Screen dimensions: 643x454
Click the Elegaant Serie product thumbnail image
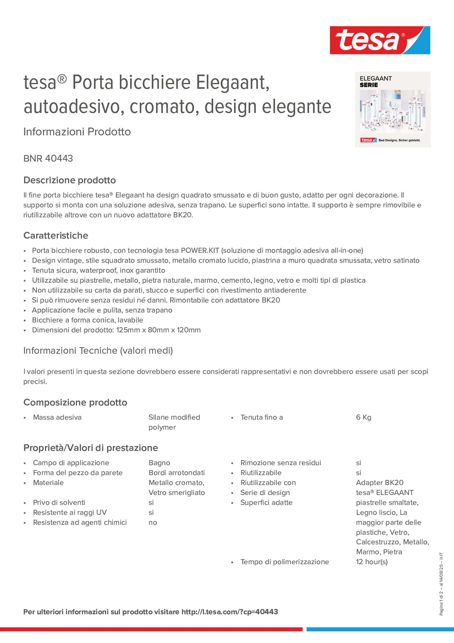tap(392, 110)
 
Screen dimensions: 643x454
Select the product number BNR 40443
tap(48, 158)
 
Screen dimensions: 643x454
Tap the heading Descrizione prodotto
tap(70, 180)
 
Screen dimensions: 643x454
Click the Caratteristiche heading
tap(56, 235)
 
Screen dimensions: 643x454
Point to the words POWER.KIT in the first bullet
tap(200, 250)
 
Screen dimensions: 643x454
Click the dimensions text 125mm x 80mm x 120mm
tap(158, 330)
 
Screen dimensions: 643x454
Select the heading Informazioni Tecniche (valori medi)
tap(98, 351)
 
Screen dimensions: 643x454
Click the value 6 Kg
tap(364, 417)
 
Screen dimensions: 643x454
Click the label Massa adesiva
tap(57, 417)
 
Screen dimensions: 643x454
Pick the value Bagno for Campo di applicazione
tap(159, 463)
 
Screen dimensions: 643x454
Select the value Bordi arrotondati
tap(177, 473)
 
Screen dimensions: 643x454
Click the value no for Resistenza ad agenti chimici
tap(153, 522)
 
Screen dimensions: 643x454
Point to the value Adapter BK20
tap(380, 482)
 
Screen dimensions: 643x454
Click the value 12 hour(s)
tap(372, 562)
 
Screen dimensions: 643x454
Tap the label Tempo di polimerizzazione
tap(284, 562)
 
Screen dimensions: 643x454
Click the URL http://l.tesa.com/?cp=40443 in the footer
tap(230, 612)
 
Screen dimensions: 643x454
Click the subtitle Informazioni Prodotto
tap(77, 132)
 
